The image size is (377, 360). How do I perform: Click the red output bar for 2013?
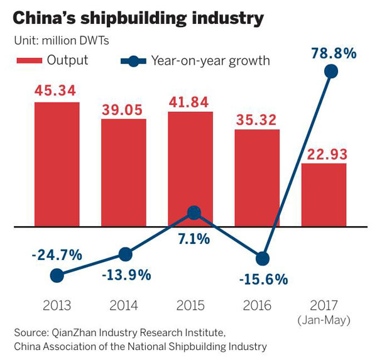[x=57, y=163]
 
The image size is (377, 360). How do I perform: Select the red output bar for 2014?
[x=124, y=172]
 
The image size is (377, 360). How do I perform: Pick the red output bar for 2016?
[x=257, y=177]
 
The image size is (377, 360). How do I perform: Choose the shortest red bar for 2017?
[x=324, y=194]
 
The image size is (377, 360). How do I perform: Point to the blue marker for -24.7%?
[x=57, y=275]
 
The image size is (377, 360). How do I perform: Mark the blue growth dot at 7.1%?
[x=195, y=213]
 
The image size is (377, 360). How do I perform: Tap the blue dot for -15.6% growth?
[x=263, y=258]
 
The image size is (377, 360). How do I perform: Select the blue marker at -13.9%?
[x=125, y=254]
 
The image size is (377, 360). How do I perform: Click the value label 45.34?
[x=57, y=91]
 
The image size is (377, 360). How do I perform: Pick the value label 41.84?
[x=190, y=102]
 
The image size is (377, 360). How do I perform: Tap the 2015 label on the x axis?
[x=190, y=306]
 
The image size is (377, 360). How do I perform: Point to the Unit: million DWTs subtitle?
[x=61, y=41]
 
